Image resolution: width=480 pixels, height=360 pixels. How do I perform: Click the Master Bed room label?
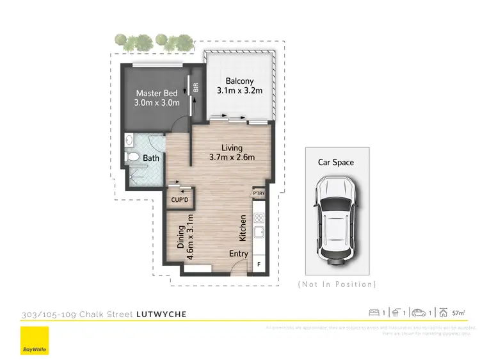click(156, 94)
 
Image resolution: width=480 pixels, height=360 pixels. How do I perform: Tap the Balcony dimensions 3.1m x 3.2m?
click(239, 90)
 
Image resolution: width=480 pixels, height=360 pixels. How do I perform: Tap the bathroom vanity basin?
click(129, 139)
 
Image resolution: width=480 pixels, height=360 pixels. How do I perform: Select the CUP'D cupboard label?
click(180, 200)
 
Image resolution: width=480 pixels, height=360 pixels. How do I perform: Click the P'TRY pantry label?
click(259, 193)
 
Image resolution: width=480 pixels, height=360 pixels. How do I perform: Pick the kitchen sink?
click(259, 233)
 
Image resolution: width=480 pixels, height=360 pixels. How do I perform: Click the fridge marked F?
click(259, 263)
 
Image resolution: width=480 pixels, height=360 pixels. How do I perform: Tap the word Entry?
click(239, 254)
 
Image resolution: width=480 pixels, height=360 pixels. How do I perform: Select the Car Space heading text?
click(335, 162)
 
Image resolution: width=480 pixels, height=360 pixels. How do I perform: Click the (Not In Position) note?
click(337, 284)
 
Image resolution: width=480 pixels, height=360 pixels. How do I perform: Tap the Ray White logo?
click(34, 340)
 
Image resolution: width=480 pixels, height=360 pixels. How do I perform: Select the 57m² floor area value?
click(458, 313)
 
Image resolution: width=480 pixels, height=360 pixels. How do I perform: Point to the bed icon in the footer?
click(374, 313)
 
